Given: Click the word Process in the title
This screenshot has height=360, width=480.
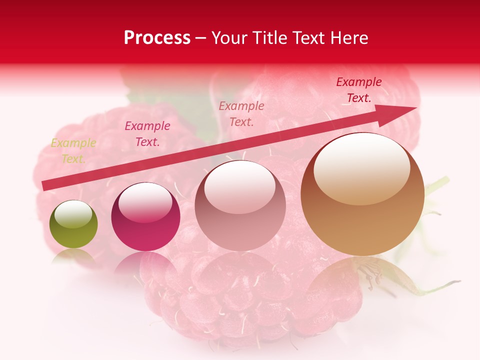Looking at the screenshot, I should click(157, 38).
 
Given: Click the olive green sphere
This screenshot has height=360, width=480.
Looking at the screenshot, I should click(73, 225).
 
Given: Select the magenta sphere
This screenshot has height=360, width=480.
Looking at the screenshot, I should click(145, 217).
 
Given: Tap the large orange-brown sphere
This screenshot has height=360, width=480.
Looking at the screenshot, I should click(362, 195).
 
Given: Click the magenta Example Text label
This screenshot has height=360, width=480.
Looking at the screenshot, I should click(147, 134).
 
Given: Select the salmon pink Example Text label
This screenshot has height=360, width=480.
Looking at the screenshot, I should click(241, 114).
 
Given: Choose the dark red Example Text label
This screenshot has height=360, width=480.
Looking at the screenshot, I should click(358, 90).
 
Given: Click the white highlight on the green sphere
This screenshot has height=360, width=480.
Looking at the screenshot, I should click(73, 214).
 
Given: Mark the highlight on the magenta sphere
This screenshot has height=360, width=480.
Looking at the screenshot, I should click(145, 202).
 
